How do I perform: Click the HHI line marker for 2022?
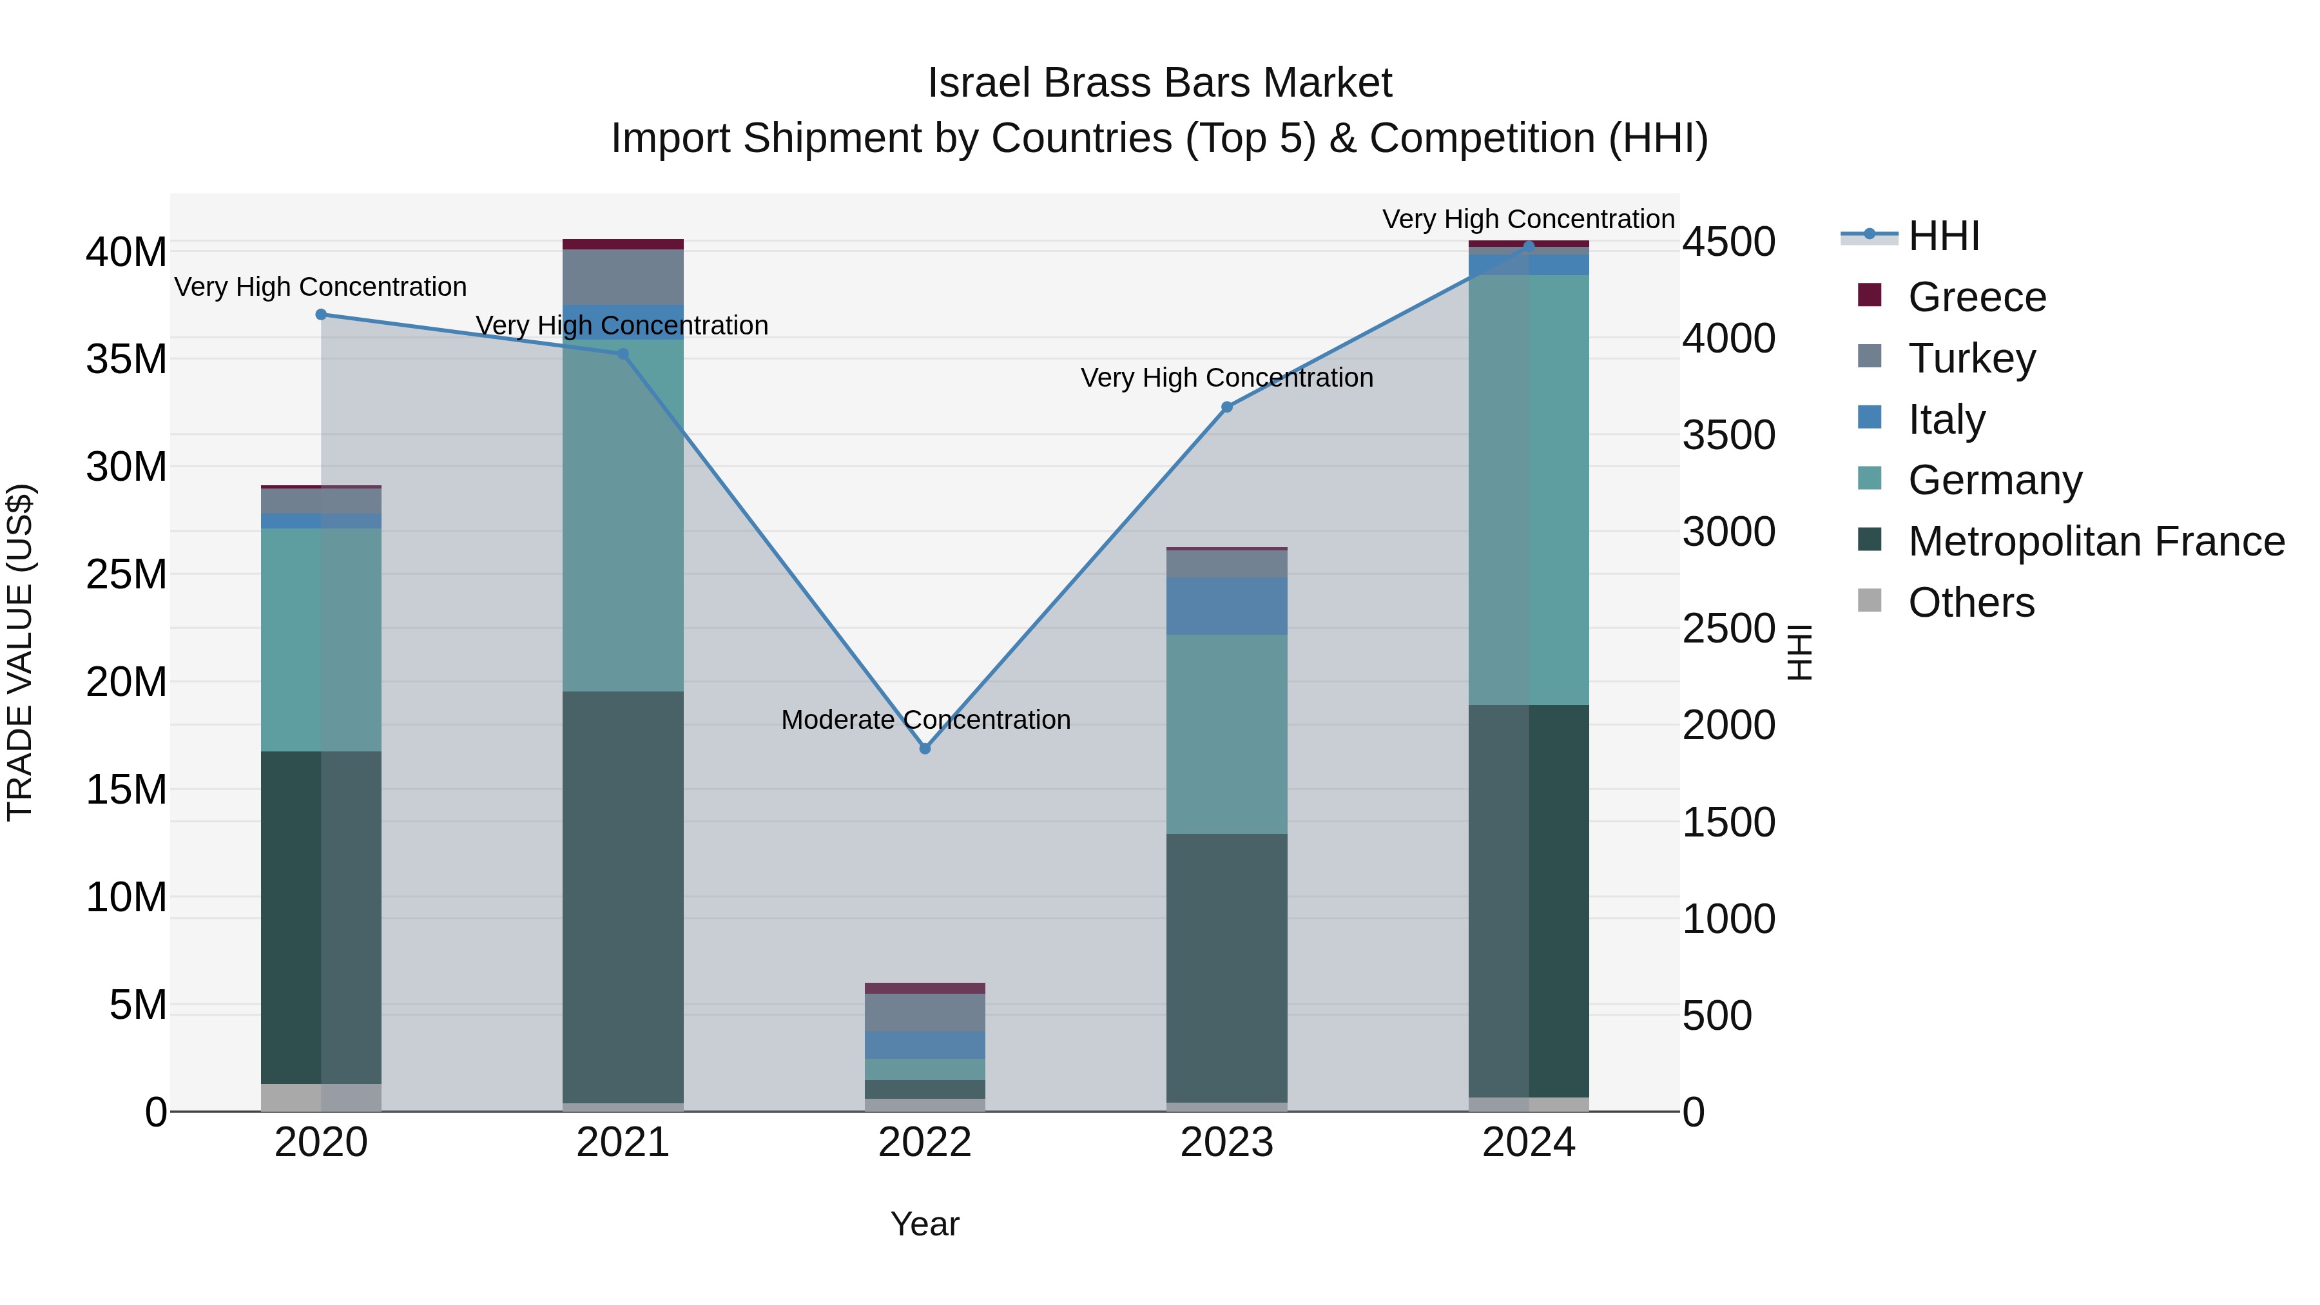click(x=924, y=748)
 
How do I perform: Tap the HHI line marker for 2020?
click(x=321, y=314)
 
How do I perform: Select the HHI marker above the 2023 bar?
click(x=1226, y=407)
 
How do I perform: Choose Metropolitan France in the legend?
click(x=2095, y=541)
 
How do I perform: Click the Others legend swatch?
click(x=1869, y=601)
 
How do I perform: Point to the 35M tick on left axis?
click(x=126, y=360)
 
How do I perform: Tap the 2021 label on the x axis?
click(x=623, y=1143)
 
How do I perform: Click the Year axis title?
click(x=924, y=1224)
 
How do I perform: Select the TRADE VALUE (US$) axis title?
click(x=20, y=652)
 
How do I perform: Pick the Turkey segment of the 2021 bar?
click(x=623, y=276)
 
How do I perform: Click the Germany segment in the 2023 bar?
click(x=1226, y=734)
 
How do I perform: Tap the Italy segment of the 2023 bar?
click(x=1226, y=606)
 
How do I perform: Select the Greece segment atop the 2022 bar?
click(x=924, y=988)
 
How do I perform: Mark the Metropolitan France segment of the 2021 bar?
click(x=623, y=896)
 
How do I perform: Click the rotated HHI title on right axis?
click(x=1799, y=652)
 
